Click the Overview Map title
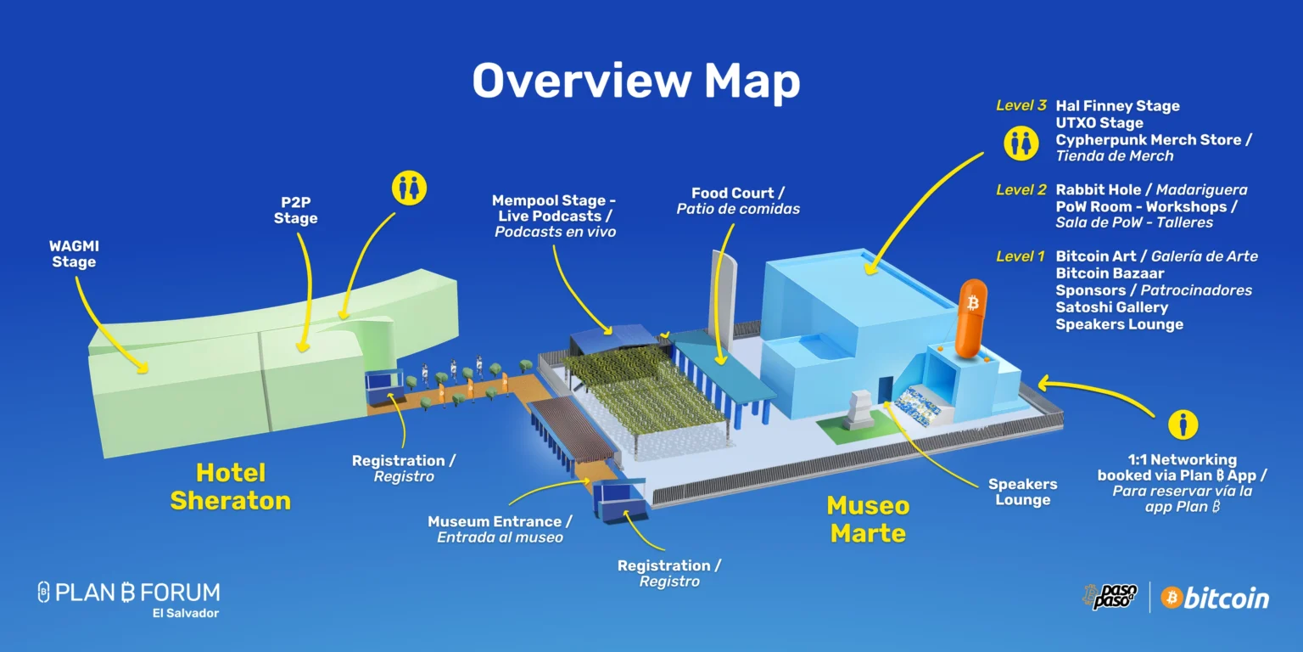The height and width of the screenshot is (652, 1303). pos(635,81)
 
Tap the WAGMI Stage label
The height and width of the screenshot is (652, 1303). pos(74,254)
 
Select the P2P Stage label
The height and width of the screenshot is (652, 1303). pos(295,211)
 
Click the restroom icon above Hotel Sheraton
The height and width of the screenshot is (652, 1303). pos(410,188)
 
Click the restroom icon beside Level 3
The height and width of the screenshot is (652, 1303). pos(1021,143)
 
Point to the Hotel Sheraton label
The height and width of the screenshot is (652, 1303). pos(231,486)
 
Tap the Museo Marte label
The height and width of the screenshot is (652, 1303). pos(868,520)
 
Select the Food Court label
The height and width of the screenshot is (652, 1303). pos(738,200)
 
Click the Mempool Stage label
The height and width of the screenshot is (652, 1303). pos(555,216)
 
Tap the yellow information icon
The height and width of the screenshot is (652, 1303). pos(1183,424)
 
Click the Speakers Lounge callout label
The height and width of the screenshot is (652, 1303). pos(1022,492)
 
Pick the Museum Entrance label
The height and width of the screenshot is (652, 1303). pos(500,529)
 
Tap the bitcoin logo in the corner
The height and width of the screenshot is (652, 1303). pos(1215,598)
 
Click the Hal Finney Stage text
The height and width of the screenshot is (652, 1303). pos(1117,106)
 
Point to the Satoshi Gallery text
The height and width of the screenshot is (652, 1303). pos(1111,307)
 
